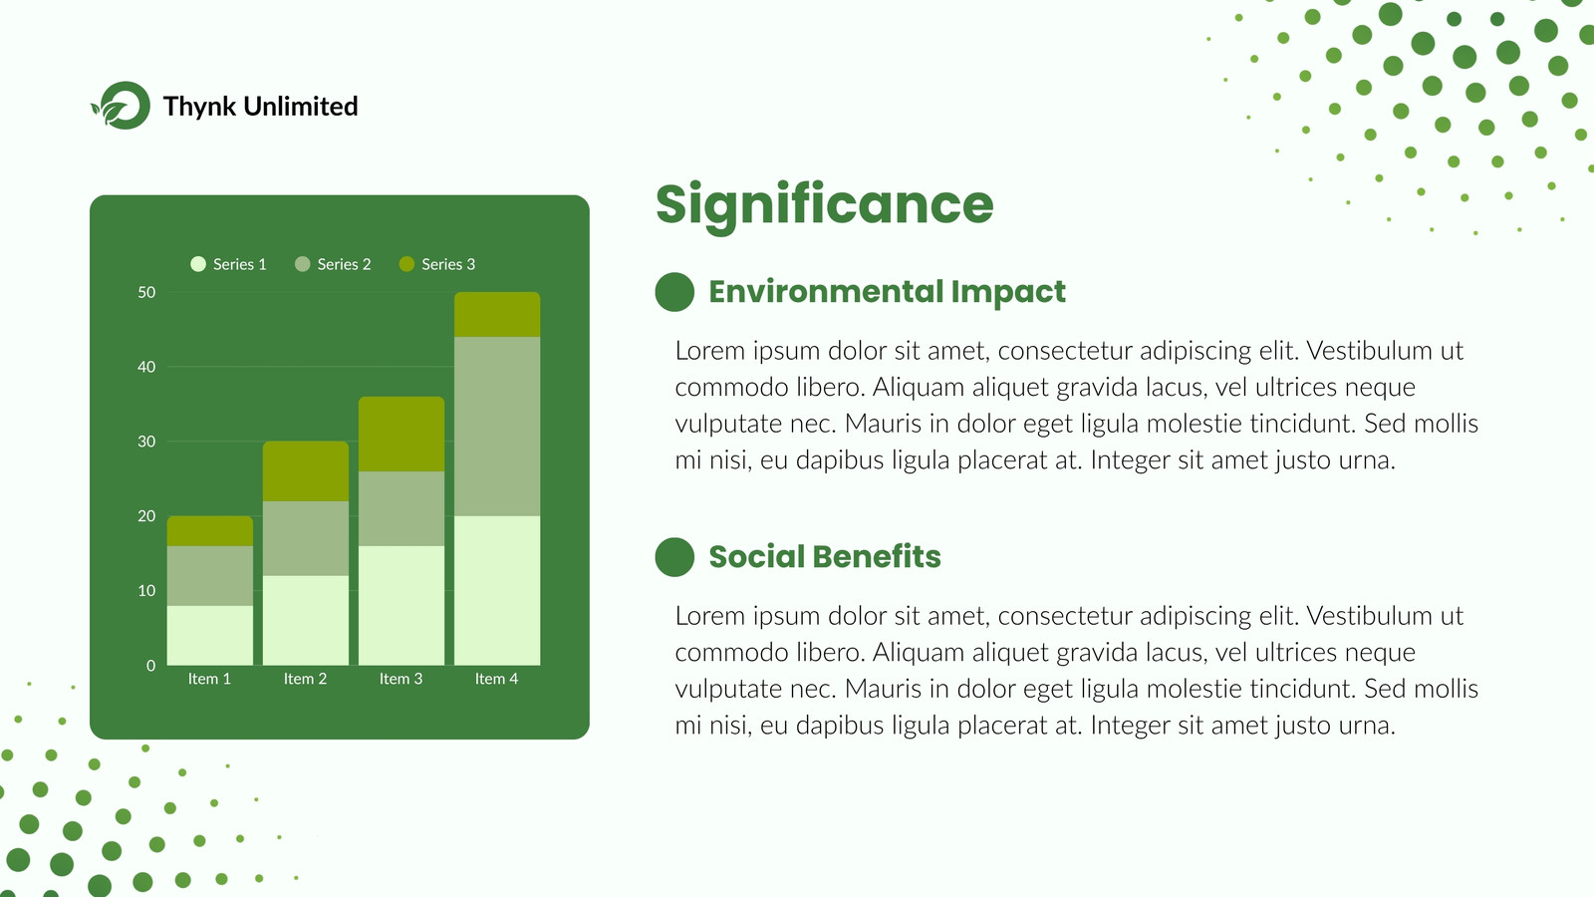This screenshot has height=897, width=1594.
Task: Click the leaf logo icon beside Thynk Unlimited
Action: (x=121, y=106)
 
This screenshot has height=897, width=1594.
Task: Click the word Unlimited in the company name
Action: (x=300, y=106)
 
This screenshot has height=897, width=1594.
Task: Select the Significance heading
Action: (x=824, y=206)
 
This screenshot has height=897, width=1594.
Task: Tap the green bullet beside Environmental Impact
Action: (x=674, y=292)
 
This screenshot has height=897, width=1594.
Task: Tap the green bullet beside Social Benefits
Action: (x=674, y=557)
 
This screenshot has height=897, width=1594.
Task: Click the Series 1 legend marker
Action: (x=198, y=264)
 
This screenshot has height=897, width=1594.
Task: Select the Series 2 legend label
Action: (x=344, y=264)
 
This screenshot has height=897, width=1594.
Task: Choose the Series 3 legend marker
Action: (x=407, y=264)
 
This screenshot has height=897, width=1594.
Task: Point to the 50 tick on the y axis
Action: (x=146, y=293)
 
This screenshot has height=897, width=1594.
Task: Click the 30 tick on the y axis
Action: (x=146, y=442)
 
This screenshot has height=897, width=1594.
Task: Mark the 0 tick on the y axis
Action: (x=150, y=666)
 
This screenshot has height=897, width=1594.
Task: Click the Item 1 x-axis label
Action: (x=209, y=679)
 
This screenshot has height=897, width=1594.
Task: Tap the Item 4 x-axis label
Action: (x=497, y=679)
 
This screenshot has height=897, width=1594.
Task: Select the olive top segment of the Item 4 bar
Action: (x=497, y=315)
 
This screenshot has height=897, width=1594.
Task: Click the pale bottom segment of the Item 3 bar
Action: (x=401, y=606)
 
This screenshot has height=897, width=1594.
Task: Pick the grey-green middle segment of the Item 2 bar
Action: (x=306, y=538)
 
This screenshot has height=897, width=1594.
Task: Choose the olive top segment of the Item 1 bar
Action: (x=210, y=531)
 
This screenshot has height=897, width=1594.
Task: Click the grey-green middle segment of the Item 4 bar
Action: (x=497, y=427)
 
